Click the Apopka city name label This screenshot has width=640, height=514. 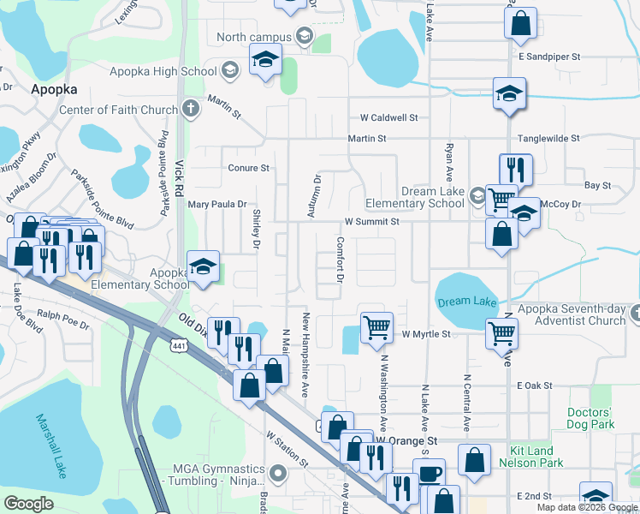pyautogui.click(x=54, y=89)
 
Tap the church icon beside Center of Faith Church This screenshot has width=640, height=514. pyautogui.click(x=190, y=110)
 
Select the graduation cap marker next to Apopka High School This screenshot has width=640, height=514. pyautogui.click(x=265, y=61)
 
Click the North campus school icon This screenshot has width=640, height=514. pyautogui.click(x=303, y=36)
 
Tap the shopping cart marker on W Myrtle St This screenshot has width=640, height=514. pyautogui.click(x=376, y=327)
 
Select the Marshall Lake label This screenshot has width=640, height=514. pyautogui.click(x=50, y=445)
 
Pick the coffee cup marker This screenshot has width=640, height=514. pyautogui.click(x=429, y=474)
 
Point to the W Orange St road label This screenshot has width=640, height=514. pyautogui.click(x=406, y=441)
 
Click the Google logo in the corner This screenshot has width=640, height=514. pyautogui.click(x=28, y=504)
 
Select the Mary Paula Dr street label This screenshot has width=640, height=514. pyautogui.click(x=216, y=205)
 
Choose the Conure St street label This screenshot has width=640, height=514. pyautogui.click(x=248, y=168)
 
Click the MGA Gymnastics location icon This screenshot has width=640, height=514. pyautogui.click(x=277, y=473)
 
